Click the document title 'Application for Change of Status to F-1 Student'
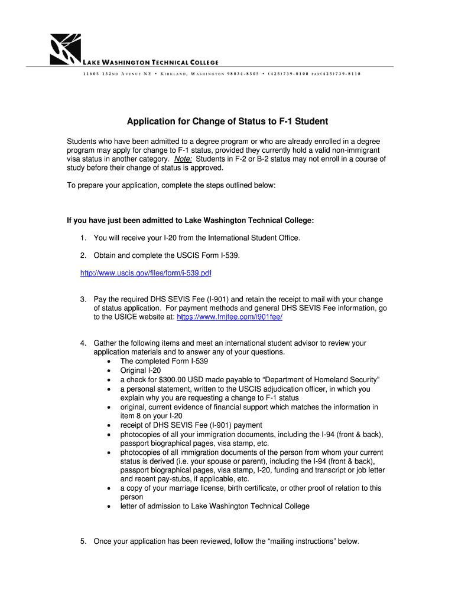click(227, 122)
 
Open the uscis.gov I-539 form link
click(145, 273)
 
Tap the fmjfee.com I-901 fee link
click(229, 317)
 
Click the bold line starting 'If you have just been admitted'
click(190, 220)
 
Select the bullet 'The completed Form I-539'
click(164, 361)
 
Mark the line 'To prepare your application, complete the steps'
click(171, 185)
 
